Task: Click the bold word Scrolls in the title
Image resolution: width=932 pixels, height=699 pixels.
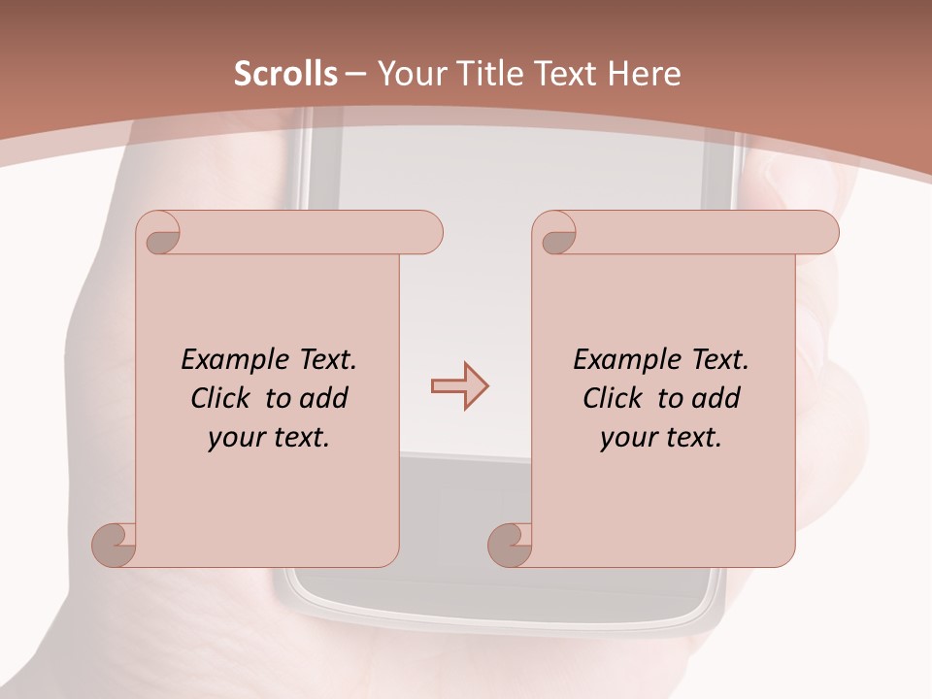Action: [286, 74]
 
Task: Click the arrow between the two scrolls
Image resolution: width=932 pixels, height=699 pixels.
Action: [460, 386]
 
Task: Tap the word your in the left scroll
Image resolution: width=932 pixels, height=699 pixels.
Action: [235, 438]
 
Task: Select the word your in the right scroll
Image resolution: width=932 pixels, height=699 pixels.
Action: [627, 438]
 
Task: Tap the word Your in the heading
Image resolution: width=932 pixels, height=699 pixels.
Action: [410, 74]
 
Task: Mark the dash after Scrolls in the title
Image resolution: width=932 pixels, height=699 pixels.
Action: [356, 74]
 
